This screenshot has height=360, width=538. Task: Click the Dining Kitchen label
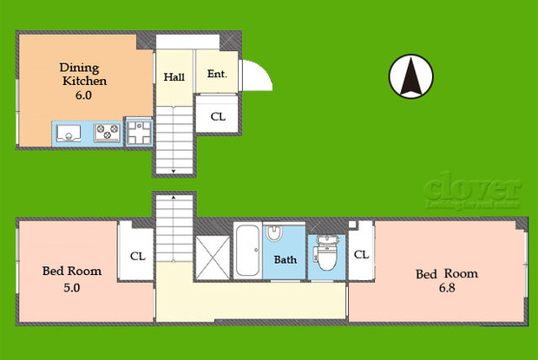83,74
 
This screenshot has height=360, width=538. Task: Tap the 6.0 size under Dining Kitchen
82,95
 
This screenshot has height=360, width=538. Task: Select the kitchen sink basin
69,134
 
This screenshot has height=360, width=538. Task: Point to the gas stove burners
108,133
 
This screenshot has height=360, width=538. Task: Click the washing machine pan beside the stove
139,133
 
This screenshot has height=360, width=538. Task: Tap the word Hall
174,76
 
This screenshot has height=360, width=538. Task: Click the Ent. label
217,75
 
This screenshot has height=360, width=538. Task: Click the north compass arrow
409,76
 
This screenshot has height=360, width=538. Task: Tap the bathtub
246,251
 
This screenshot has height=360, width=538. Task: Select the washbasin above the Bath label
273,233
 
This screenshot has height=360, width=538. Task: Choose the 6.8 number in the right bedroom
446,289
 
